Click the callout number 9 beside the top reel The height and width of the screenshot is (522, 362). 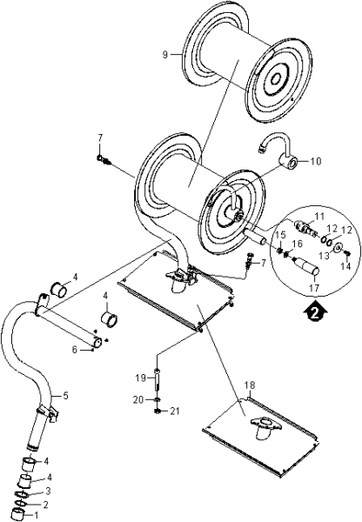tap(165, 55)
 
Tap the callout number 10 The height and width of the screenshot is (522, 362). tap(316, 162)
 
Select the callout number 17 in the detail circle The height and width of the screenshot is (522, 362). tap(314, 287)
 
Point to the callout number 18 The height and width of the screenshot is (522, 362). tap(250, 385)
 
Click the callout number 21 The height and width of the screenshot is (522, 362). tap(174, 412)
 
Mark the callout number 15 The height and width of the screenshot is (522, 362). tap(281, 235)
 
